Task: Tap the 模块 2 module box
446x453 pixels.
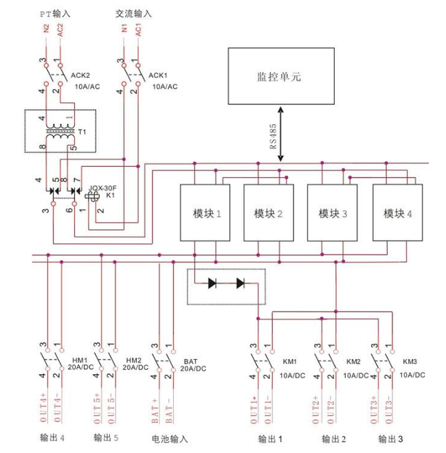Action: tap(269, 213)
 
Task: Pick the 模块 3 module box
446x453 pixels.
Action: tap(333, 213)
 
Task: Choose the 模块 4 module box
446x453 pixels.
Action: tap(398, 213)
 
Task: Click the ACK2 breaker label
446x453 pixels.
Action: tap(81, 75)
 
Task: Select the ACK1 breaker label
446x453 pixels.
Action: tap(158, 75)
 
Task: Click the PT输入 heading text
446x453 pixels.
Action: tap(54, 14)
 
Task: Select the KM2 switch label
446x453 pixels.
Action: tap(354, 362)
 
